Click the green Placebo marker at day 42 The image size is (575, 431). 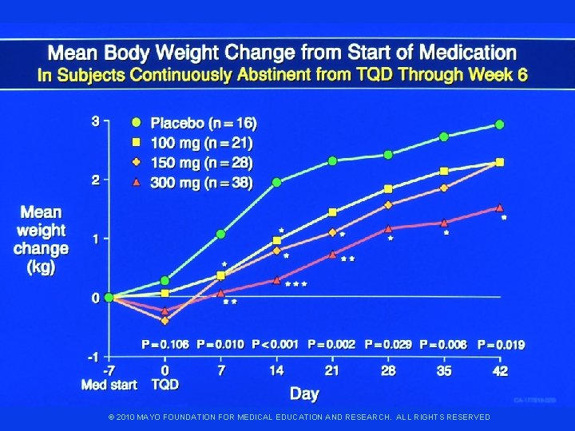tap(500, 125)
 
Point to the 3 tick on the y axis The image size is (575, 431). tap(95, 122)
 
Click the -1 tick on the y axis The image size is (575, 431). tap(93, 356)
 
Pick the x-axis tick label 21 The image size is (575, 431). tap(332, 371)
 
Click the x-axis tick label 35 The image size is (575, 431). tap(444, 371)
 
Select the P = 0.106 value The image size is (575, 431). tap(165, 345)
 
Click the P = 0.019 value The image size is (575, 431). tap(502, 345)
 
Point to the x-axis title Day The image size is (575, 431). tap(304, 394)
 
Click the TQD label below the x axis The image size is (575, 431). tap(165, 385)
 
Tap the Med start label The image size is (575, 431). tap(109, 385)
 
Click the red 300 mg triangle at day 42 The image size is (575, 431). tap(500, 208)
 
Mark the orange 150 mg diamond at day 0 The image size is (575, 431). tap(165, 321)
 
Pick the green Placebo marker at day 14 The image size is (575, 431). tap(277, 182)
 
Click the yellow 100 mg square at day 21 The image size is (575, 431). tap(332, 212)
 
